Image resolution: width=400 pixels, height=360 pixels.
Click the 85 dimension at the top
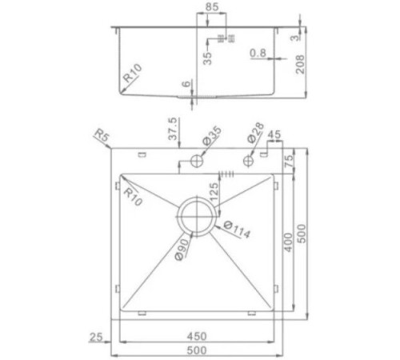click(212, 7)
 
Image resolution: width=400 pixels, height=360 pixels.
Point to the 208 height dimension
click(300, 64)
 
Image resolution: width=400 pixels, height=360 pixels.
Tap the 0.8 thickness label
click(258, 53)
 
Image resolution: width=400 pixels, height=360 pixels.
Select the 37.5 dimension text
click(173, 129)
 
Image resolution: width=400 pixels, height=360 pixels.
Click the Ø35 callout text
click(212, 136)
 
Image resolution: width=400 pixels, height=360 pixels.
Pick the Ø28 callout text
click(255, 133)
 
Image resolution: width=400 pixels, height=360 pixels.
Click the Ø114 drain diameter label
click(237, 230)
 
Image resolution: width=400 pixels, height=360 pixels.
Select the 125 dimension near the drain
click(214, 191)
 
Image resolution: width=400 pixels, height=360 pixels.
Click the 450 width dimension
click(197, 336)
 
